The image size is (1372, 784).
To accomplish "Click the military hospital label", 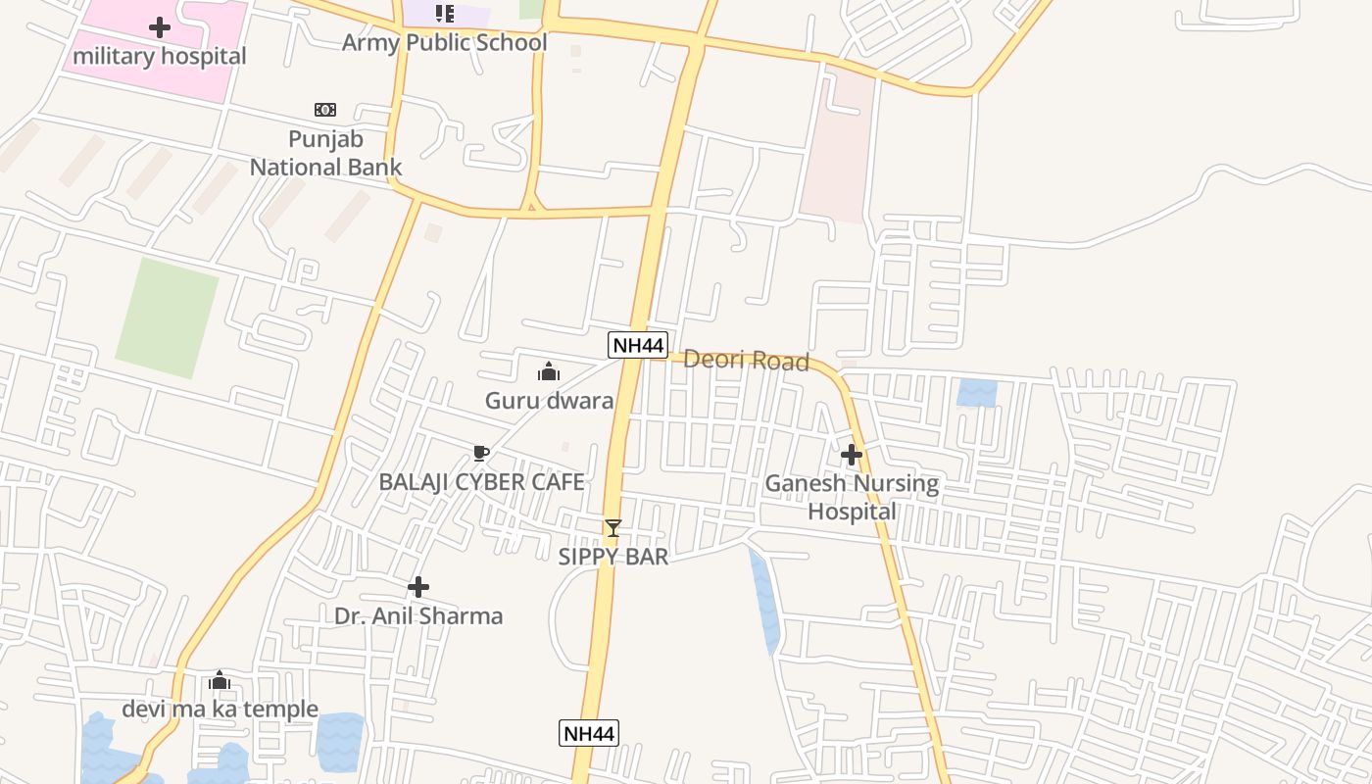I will [160, 56].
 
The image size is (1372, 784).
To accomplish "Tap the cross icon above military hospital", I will [160, 27].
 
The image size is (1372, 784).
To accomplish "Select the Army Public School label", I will [444, 43].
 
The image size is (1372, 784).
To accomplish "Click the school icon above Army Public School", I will [445, 14].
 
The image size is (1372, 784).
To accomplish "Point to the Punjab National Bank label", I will [325, 153].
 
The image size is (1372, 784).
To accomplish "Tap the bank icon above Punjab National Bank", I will [325, 109].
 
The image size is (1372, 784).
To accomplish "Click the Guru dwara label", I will [549, 400].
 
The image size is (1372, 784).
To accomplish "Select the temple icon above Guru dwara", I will [549, 371].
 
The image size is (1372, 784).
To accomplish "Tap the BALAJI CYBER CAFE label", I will [481, 481].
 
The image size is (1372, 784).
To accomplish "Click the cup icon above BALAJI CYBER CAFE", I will [480, 453].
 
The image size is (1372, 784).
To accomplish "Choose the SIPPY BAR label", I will [613, 557].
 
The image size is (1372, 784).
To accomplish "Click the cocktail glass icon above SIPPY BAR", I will [613, 528].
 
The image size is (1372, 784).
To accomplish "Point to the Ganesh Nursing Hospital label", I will [852, 497].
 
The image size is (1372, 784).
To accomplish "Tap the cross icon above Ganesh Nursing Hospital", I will [852, 455].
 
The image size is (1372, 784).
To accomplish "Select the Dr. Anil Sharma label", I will [418, 615].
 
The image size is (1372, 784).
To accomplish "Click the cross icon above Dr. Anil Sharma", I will [418, 587].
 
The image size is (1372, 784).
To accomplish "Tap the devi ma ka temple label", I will [220, 709].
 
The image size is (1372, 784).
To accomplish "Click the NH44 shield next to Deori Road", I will [638, 345].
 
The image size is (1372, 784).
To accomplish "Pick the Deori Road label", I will [746, 361].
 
